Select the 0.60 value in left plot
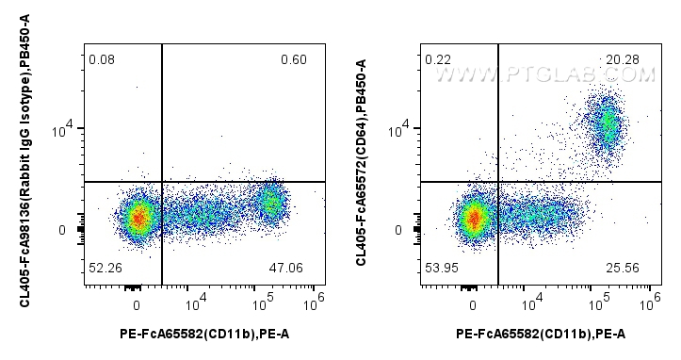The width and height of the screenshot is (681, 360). click(294, 60)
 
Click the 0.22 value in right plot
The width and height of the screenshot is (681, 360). click(436, 60)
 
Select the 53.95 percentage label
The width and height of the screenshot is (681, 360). click(439, 268)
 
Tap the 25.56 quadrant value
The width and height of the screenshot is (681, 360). click(624, 268)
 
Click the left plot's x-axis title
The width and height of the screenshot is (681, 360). click(203, 333)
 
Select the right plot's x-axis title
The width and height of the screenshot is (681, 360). click(540, 333)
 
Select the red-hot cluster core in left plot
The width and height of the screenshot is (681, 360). click(138, 219)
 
